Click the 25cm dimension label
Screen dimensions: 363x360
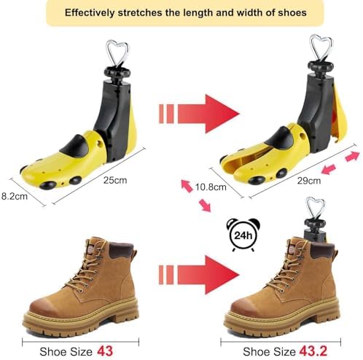point(115,180)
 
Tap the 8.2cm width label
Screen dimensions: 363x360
point(15,196)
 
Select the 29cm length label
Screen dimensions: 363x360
point(309,181)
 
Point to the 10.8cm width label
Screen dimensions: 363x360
point(211,187)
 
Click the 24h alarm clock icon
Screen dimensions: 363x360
point(243,235)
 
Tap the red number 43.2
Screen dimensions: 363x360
point(313,351)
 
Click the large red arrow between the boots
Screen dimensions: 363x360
point(199,275)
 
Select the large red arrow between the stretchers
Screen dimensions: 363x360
point(199,114)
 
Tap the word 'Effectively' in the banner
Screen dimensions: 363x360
point(90,12)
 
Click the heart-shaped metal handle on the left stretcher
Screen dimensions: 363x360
point(117,52)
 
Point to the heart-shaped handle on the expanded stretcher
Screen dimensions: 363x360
point(319,48)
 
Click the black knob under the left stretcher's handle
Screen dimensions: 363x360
point(117,72)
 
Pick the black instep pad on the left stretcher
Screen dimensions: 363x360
point(75,145)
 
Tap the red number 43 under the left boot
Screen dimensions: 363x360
point(105,351)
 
